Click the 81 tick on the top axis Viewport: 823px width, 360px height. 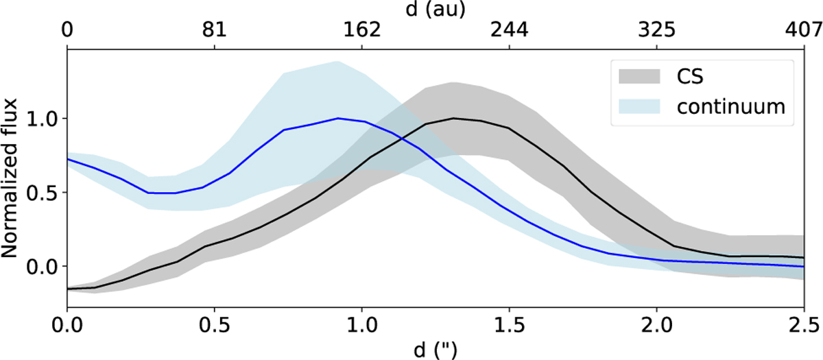coord(215,31)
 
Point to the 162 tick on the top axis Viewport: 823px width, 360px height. coord(362,31)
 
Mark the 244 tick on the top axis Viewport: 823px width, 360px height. coord(510,31)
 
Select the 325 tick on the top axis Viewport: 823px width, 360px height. coord(657,31)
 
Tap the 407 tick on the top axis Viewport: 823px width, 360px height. coord(804,31)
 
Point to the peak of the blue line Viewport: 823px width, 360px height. coord(338,118)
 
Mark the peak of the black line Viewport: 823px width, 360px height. coord(453,118)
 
